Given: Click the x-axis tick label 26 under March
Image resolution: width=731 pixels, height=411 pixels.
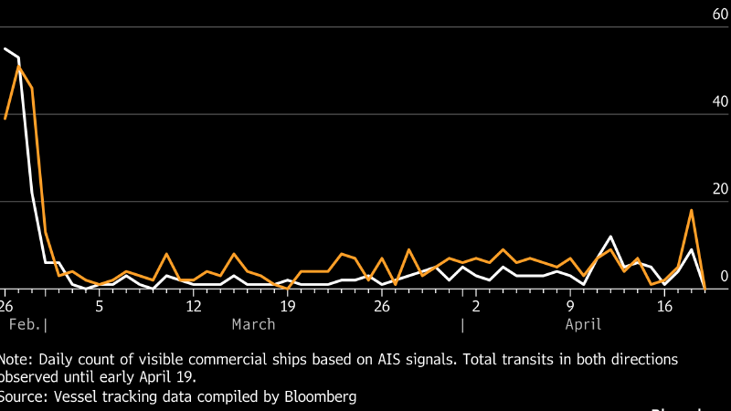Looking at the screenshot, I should pyautogui.click(x=382, y=304).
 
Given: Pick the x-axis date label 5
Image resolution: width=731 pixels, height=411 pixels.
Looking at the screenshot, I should pyautogui.click(x=100, y=304).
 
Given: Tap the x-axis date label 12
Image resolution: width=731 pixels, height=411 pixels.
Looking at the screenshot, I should pyautogui.click(x=194, y=304).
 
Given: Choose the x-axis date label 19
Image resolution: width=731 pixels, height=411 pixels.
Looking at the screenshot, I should pyautogui.click(x=288, y=304).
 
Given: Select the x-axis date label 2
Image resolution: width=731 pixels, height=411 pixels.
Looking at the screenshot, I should pyautogui.click(x=476, y=304).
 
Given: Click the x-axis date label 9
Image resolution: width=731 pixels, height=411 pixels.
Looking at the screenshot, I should pyautogui.click(x=570, y=304).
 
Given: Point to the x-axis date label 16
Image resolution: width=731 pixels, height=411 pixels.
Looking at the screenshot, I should pyautogui.click(x=664, y=304).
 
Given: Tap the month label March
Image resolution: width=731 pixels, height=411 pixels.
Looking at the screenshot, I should pyautogui.click(x=253, y=324).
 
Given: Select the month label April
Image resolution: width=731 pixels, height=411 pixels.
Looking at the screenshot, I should pyautogui.click(x=583, y=324).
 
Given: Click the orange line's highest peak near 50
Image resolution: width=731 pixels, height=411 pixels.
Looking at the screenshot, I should pyautogui.click(x=19, y=67).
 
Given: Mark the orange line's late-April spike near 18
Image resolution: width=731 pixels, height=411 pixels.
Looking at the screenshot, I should pyautogui.click(x=692, y=210).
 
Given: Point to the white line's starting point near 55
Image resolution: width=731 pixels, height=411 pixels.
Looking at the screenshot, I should pyautogui.click(x=5, y=48).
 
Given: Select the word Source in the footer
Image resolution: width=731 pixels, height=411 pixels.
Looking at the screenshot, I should pyautogui.click(x=21, y=396).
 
